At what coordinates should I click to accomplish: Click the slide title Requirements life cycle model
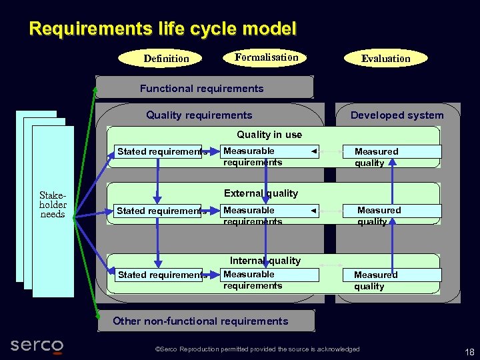163,29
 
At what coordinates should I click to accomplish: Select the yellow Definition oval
166,59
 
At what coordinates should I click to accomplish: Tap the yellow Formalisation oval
266,57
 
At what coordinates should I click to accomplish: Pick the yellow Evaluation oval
385,59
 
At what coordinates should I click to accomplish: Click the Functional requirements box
203,88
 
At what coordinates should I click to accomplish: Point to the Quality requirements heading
199,115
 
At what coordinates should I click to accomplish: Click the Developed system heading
397,115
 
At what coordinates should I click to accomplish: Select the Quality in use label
269,135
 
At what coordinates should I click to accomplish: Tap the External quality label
261,193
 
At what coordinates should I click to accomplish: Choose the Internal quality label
265,261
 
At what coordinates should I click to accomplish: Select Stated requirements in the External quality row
161,211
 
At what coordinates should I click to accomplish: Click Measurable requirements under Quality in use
253,157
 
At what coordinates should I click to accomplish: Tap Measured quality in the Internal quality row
375,280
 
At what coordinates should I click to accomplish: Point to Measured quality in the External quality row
379,215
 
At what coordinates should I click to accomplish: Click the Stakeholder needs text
53,205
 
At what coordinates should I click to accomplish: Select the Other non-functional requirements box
201,321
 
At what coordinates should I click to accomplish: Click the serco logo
37,345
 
